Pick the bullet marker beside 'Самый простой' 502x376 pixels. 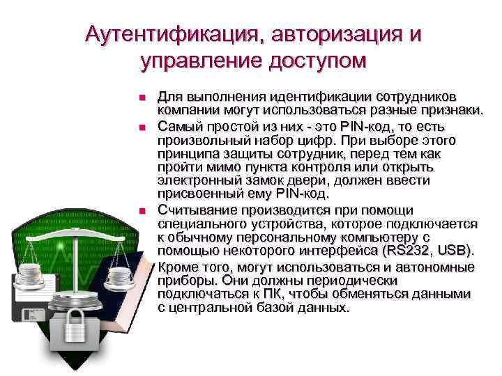pyautogui.click(x=142, y=128)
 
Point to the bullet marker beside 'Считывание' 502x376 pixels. pyautogui.click(x=142, y=211)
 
